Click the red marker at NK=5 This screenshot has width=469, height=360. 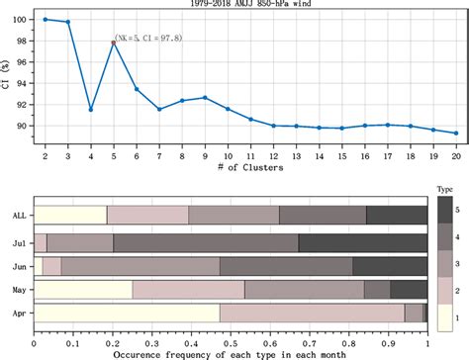tap(114, 43)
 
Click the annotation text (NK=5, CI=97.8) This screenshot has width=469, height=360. tap(147, 38)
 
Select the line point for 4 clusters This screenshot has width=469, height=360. tap(91, 109)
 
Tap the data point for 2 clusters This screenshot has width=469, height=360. tap(46, 19)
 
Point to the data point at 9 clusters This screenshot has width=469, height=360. tap(205, 97)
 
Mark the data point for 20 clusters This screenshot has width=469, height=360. tap(455, 133)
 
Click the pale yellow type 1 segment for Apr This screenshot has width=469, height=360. tap(127, 314)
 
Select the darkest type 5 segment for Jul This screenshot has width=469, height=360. tap(362, 240)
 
